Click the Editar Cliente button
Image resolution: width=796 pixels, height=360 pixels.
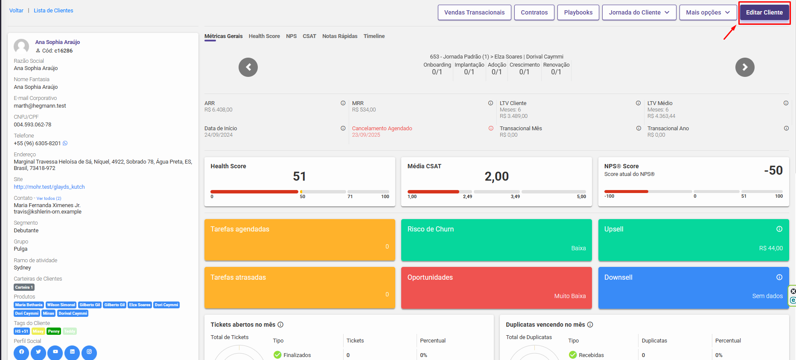[764, 12]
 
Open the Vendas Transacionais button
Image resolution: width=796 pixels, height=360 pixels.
[474, 12]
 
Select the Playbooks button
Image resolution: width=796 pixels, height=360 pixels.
[578, 12]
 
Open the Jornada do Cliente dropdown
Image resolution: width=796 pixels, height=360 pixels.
[639, 12]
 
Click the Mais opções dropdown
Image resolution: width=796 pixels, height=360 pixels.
[708, 12]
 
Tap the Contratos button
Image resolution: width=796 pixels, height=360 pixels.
[534, 12]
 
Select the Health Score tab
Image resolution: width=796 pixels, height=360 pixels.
[264, 36]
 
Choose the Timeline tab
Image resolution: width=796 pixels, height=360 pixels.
[374, 36]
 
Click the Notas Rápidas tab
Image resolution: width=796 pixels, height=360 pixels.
[340, 36]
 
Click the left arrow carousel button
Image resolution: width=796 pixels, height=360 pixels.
[248, 67]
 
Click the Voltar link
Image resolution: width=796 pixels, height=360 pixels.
[16, 11]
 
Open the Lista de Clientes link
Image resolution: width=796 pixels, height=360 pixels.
[53, 11]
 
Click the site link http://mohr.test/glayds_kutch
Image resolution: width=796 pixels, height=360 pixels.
[49, 187]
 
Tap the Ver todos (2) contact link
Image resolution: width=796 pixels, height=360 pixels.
[49, 199]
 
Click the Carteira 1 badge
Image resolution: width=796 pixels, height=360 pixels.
[24, 287]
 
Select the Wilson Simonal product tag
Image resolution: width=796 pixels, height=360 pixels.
[61, 305]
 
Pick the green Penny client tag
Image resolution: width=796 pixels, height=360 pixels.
[54, 331]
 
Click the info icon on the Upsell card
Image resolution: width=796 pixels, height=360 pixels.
[779, 229]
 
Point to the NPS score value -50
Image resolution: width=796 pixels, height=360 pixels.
[773, 170]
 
